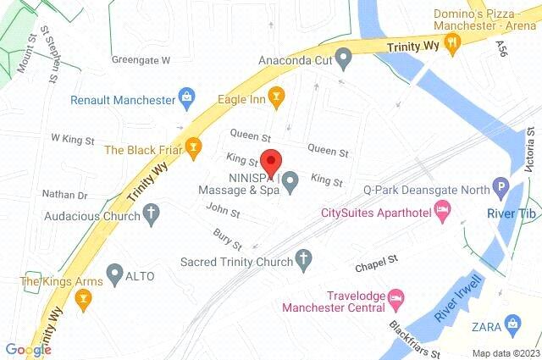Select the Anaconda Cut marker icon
(343, 60)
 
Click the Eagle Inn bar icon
(274, 99)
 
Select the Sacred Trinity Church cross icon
(304, 258)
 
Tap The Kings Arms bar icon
(82, 296)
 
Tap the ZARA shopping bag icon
(512, 323)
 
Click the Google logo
(28, 350)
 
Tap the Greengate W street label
(141, 60)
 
